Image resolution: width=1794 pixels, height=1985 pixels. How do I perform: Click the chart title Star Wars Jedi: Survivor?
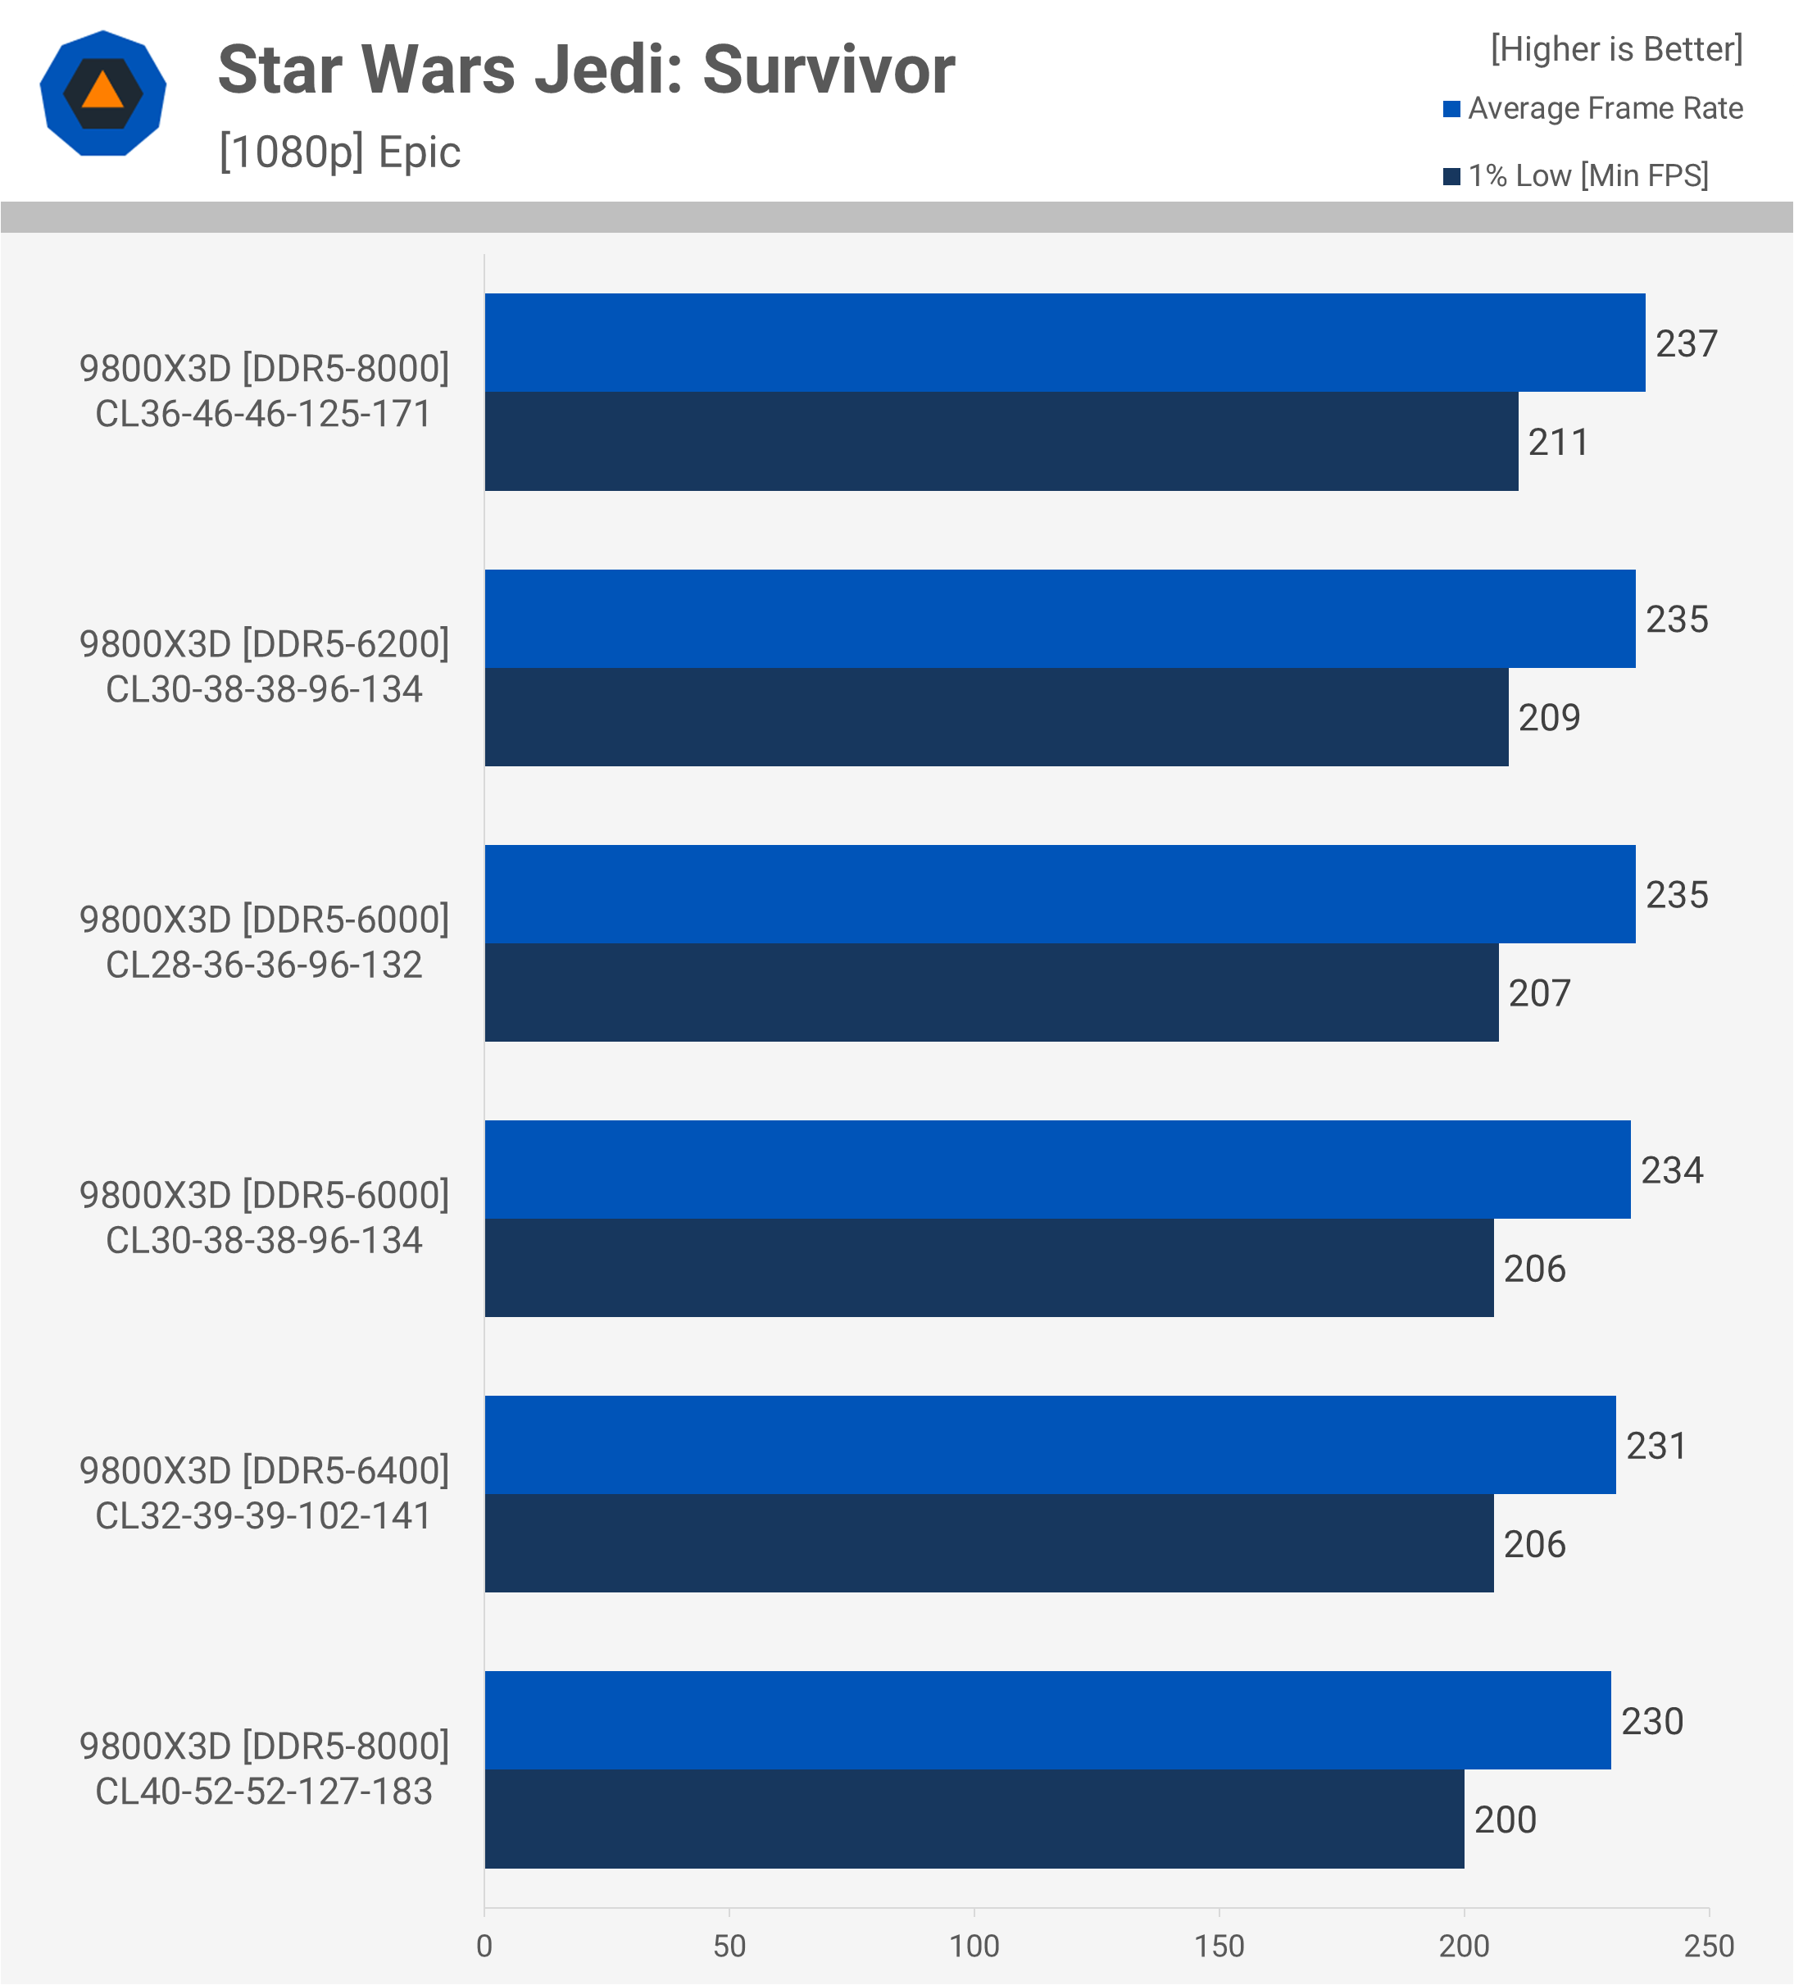(586, 70)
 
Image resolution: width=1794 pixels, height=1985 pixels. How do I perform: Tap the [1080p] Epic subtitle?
(339, 152)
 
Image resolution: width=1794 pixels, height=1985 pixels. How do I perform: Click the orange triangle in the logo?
(102, 92)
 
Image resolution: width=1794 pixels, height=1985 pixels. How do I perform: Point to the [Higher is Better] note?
(1616, 48)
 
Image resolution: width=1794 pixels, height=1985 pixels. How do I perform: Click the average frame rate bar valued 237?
(1064, 343)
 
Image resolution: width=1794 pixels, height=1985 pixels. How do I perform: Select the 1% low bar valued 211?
(1001, 441)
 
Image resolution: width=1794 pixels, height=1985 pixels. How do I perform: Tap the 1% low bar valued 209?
(996, 717)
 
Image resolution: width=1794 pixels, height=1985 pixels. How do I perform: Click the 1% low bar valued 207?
(991, 993)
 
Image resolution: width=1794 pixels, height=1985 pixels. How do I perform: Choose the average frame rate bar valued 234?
(1056, 1170)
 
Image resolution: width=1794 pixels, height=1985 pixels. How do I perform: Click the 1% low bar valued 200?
(974, 1819)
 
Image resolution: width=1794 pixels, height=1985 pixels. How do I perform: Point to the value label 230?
(1652, 1721)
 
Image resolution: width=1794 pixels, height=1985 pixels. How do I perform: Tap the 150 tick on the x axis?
(1219, 1946)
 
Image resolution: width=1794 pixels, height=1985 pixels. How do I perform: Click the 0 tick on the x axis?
(484, 1946)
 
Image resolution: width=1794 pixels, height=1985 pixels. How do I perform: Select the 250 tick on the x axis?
(1708, 1946)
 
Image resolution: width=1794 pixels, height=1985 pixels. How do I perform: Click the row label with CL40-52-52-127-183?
(264, 1769)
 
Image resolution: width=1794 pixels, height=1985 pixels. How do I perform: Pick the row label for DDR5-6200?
(264, 665)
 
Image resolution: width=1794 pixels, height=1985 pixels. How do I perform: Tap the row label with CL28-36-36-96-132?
(264, 942)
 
